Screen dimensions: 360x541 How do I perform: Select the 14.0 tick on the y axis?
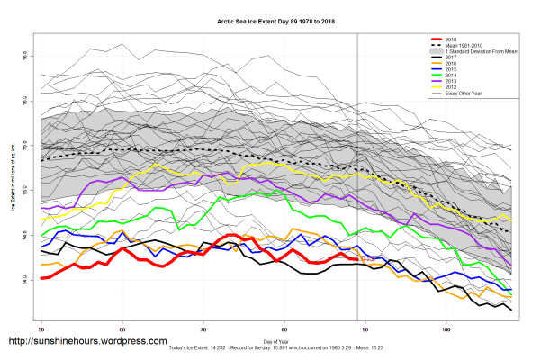(29, 280)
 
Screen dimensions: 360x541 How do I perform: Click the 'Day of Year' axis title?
(276, 340)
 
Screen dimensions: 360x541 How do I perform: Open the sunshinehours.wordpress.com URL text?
(87, 342)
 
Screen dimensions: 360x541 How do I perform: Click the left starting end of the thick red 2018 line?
(42, 278)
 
